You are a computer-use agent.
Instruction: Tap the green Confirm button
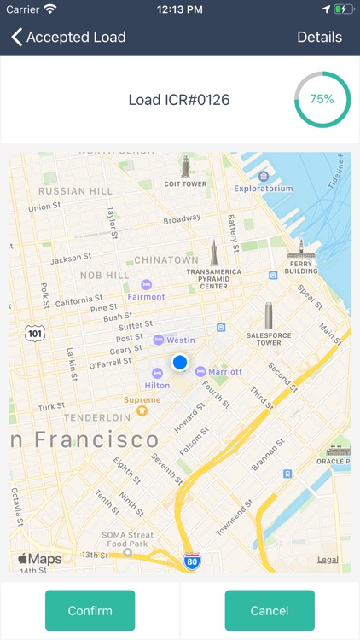(x=90, y=610)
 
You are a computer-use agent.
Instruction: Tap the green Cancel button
(x=270, y=610)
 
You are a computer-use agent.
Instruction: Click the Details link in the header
(x=319, y=37)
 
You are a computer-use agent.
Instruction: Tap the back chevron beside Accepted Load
(x=16, y=37)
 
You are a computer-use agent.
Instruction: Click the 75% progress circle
(x=322, y=99)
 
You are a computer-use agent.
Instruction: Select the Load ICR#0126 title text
(x=179, y=100)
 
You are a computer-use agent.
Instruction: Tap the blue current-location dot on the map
(x=180, y=363)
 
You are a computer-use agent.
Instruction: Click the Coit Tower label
(x=185, y=183)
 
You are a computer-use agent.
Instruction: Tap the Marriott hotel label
(x=224, y=371)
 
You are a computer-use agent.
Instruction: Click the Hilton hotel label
(x=158, y=385)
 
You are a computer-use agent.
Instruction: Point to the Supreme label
(x=142, y=400)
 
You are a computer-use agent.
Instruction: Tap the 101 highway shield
(x=35, y=333)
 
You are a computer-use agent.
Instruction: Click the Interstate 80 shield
(x=192, y=561)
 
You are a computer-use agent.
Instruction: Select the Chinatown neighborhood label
(x=166, y=259)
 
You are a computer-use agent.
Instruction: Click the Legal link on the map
(x=328, y=560)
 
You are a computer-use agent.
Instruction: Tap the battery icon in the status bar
(x=343, y=9)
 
